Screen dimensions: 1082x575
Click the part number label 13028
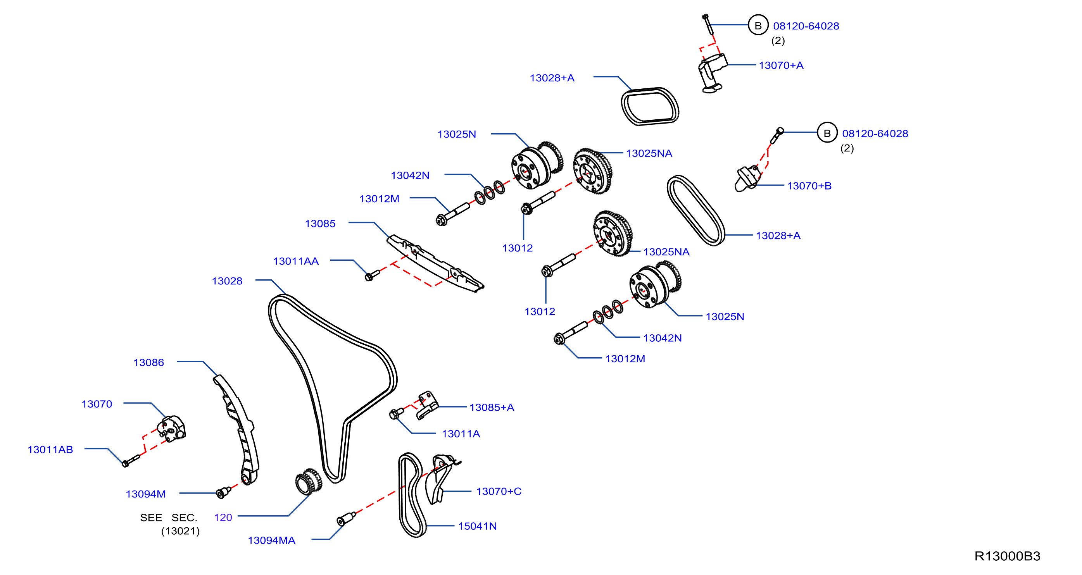(227, 281)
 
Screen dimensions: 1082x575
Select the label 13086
(149, 362)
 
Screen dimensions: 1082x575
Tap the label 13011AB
(50, 449)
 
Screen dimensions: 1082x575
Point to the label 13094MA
(271, 540)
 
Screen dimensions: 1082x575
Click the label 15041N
(477, 526)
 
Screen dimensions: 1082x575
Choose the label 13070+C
(499, 491)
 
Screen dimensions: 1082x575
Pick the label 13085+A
(492, 407)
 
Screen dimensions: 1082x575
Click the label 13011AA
(296, 261)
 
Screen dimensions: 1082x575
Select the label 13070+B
(809, 186)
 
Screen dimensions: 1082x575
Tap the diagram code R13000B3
(1007, 556)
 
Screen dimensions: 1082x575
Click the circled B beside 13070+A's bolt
(758, 26)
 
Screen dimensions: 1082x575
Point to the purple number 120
(223, 518)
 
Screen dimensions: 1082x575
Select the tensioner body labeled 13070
(172, 429)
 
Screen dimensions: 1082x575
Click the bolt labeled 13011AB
(131, 460)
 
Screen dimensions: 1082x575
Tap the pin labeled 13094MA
(346, 519)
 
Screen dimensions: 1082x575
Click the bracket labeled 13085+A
(427, 405)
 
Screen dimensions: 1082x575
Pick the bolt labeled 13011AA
(372, 275)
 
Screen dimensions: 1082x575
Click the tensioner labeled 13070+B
(747, 179)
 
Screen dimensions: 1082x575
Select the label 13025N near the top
(457, 134)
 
